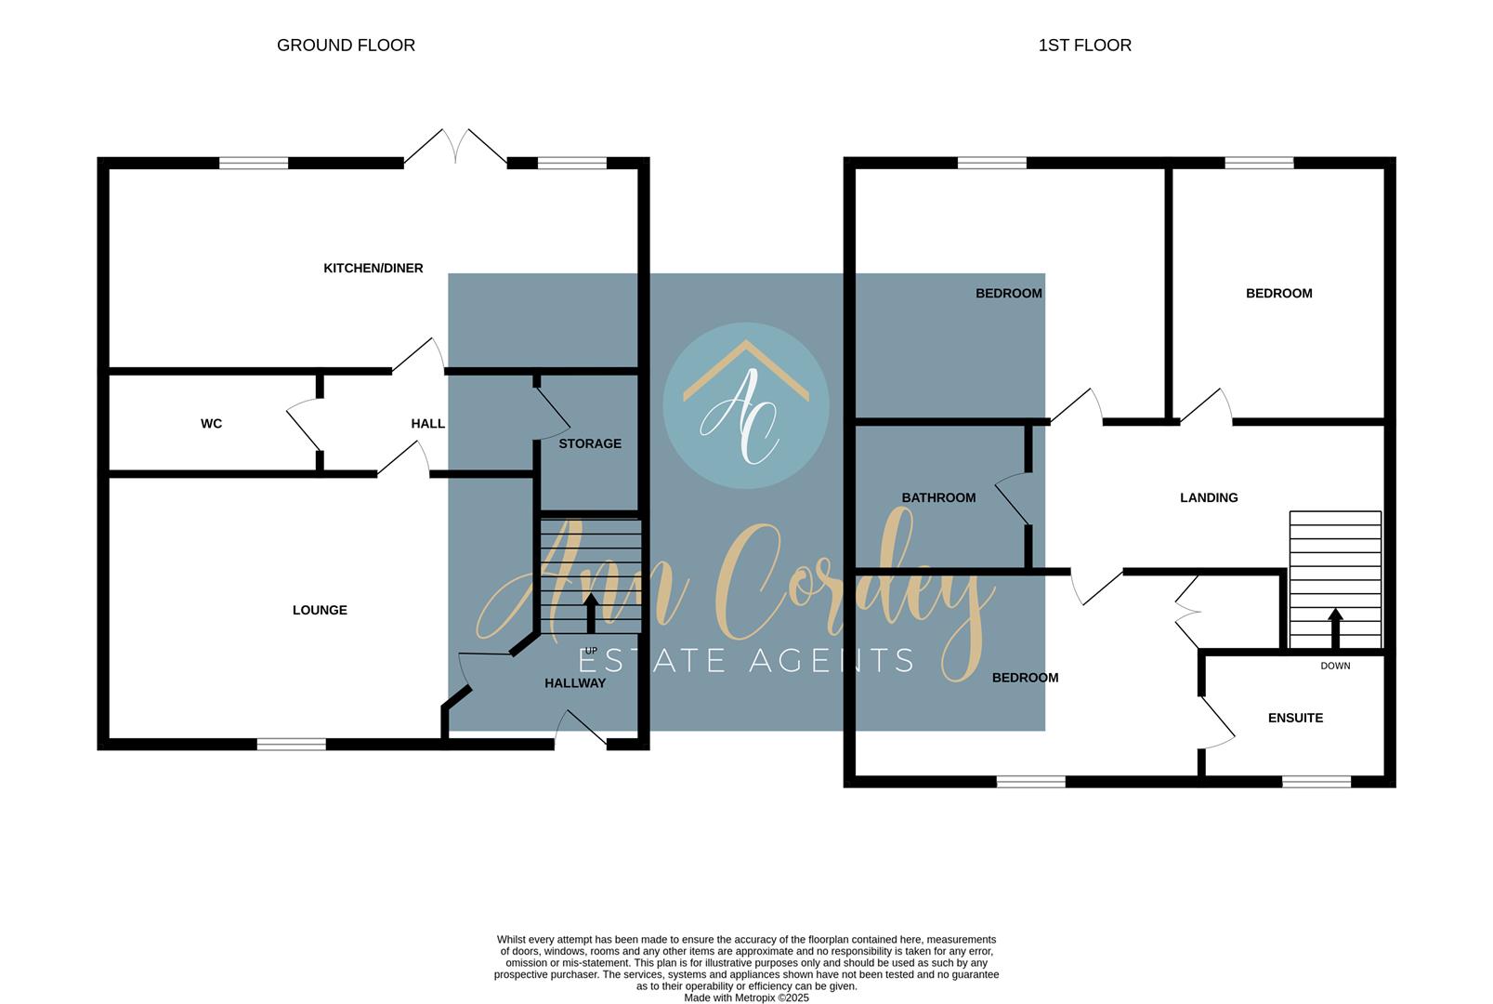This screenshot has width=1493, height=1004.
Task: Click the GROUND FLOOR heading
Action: click(x=346, y=45)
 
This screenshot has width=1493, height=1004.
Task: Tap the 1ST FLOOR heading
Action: click(x=1084, y=45)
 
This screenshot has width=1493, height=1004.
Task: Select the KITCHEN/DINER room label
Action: click(x=373, y=268)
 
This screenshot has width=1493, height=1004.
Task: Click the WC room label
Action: click(x=211, y=423)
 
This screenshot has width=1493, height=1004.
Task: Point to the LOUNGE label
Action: click(x=320, y=610)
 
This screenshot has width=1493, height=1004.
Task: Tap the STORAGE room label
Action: click(x=590, y=443)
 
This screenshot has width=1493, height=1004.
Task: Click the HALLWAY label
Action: click(x=574, y=682)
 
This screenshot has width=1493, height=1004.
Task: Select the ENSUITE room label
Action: click(x=1295, y=718)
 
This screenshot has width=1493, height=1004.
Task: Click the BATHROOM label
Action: click(x=938, y=497)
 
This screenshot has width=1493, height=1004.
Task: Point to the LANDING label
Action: click(x=1209, y=497)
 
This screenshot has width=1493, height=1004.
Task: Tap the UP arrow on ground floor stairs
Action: click(x=591, y=613)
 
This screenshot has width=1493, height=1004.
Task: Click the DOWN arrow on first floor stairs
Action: click(x=1335, y=627)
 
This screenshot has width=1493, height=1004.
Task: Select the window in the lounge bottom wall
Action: click(x=292, y=744)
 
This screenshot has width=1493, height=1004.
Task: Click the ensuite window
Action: click(x=1316, y=782)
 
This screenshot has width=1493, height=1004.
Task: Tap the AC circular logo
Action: click(x=746, y=405)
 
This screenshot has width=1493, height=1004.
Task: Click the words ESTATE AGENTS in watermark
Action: click(x=746, y=660)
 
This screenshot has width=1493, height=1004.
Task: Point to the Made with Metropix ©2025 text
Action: click(x=746, y=997)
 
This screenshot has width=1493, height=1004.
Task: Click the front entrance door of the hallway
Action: click(x=582, y=731)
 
